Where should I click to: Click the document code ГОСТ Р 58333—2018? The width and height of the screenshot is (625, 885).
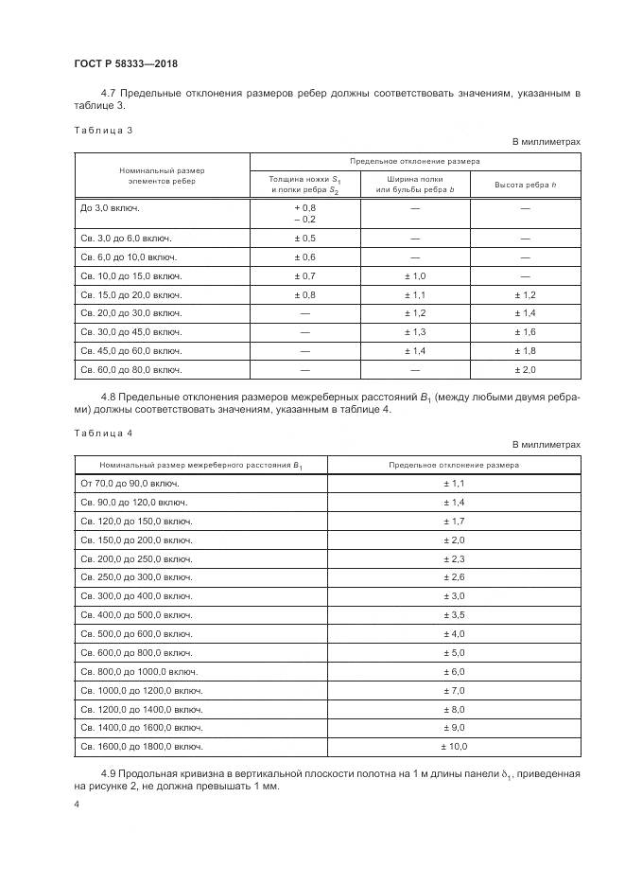tap(126, 64)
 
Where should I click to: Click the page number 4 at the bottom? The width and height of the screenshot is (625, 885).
tap(77, 805)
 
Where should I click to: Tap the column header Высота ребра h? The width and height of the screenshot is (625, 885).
tap(526, 184)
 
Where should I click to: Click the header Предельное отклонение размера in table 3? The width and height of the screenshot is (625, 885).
tap(415, 162)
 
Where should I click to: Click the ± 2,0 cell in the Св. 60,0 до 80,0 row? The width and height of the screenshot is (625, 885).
tap(525, 369)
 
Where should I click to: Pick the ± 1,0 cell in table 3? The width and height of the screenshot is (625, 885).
tap(415, 275)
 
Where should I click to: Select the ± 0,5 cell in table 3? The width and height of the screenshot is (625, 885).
tap(304, 238)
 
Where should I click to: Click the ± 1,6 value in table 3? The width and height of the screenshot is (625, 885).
tap(525, 331)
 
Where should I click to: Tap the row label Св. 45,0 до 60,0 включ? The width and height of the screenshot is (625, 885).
tap(131, 350)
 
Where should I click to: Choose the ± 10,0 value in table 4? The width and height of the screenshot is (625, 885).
tap(454, 747)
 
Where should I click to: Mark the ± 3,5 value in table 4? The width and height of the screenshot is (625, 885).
tap(454, 614)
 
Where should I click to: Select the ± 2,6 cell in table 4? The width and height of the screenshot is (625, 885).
tap(454, 576)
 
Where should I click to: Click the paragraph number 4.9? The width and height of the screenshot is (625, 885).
tap(108, 773)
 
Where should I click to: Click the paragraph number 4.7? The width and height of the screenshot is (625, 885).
tap(108, 93)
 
